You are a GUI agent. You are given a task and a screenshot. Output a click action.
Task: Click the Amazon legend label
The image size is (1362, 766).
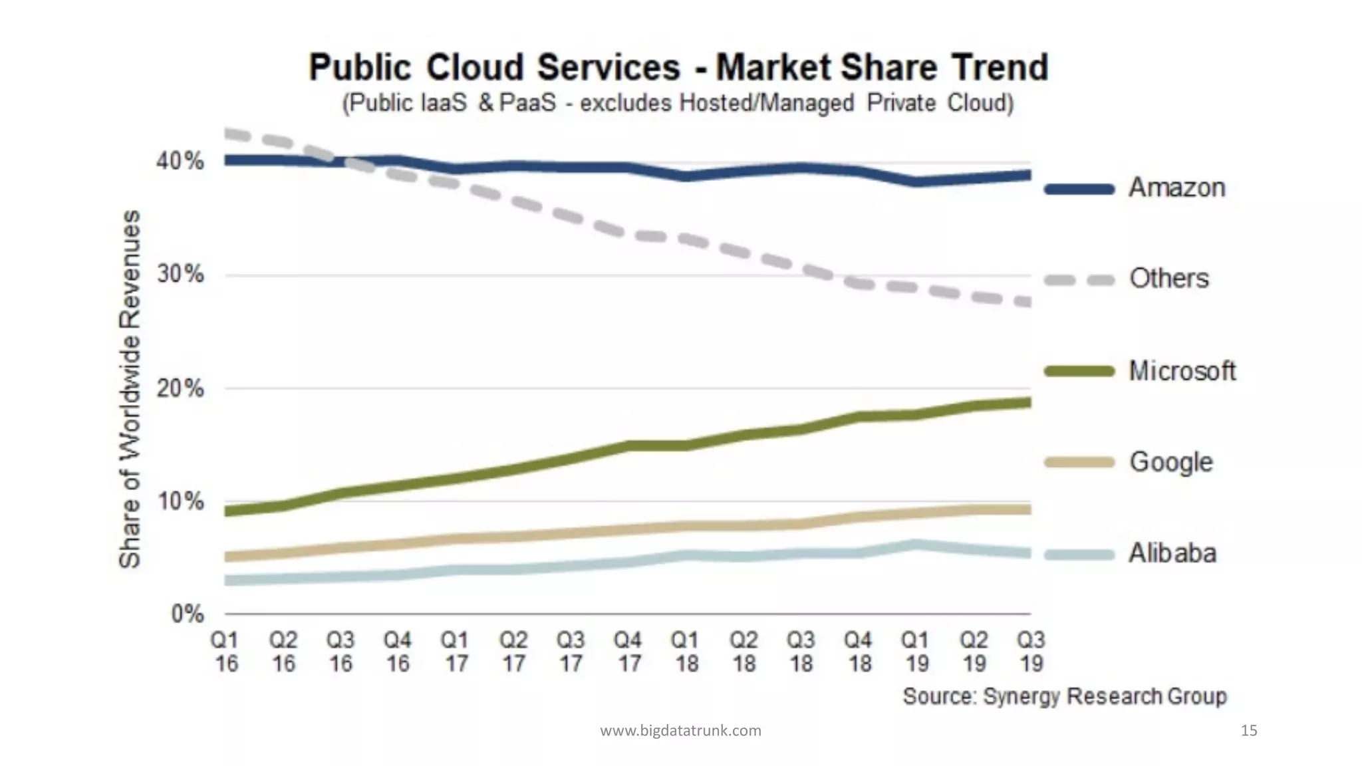pos(1176,188)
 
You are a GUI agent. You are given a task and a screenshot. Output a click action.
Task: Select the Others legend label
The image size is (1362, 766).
pos(1168,279)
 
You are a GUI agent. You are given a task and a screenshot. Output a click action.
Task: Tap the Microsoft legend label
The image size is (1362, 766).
pos(1182,371)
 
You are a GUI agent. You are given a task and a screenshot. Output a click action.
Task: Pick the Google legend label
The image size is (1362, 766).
pos(1170,462)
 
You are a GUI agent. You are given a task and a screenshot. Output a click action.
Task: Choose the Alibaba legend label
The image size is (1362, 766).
pos(1172,553)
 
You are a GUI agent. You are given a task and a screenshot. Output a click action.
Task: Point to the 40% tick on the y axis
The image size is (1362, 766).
pos(180,161)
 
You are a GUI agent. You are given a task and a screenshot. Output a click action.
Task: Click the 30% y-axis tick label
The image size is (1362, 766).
pos(180,274)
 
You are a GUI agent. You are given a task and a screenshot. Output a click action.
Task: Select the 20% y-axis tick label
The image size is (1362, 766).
pos(180,388)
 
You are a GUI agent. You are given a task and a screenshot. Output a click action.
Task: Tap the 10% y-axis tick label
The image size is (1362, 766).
pos(180,501)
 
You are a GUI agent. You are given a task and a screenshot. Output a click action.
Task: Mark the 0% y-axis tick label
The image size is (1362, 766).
pos(187,614)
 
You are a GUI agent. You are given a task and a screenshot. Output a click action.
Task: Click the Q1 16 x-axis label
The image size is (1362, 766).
pos(225,652)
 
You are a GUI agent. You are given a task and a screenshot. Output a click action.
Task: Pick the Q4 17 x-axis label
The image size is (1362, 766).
pos(628,652)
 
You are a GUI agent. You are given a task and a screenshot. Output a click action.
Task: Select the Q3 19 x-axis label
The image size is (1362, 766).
pos(1031,652)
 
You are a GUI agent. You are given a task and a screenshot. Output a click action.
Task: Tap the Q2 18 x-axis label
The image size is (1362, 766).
pos(744,652)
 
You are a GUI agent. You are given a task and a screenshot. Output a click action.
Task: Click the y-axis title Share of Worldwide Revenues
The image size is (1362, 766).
pos(130,389)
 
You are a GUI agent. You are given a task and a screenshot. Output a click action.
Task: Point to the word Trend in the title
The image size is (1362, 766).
pos(999,67)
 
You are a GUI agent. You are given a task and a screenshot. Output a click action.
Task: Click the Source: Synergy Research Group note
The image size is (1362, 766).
pos(1064,696)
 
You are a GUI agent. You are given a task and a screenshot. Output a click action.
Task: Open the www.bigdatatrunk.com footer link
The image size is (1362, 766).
pos(680,731)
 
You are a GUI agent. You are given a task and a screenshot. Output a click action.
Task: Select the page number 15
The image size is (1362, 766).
pos(1249,731)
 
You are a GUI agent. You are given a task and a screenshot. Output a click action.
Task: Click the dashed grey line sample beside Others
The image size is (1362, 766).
pos(1079,280)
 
